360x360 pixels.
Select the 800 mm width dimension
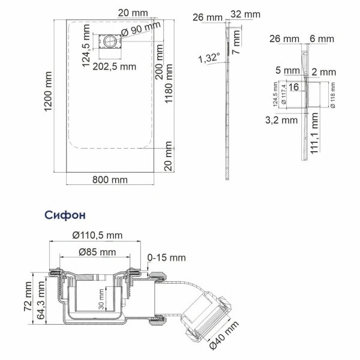[x=110, y=179]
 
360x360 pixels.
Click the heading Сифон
[x=65, y=214]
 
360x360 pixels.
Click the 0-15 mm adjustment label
[x=166, y=258]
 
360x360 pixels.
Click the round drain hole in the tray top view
[x=112, y=41]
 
